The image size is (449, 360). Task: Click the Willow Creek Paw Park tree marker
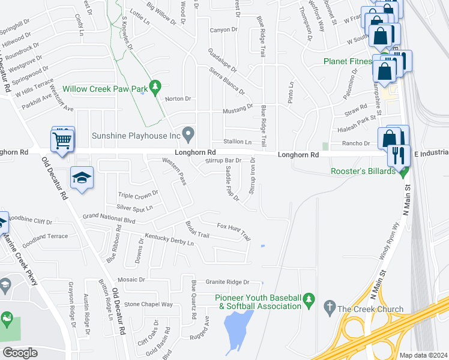(155, 88)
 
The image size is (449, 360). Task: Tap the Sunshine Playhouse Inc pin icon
(188, 133)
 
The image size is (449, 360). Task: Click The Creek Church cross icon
(328, 309)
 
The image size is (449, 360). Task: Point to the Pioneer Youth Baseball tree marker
(309, 298)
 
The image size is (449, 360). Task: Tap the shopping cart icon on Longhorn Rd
(63, 140)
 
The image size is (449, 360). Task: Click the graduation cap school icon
(82, 178)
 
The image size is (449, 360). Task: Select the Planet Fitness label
(349, 61)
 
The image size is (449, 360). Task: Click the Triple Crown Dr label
(137, 194)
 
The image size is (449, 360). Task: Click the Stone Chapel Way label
(148, 304)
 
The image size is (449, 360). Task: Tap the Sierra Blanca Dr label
(226, 81)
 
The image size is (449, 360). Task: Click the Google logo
(20, 352)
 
